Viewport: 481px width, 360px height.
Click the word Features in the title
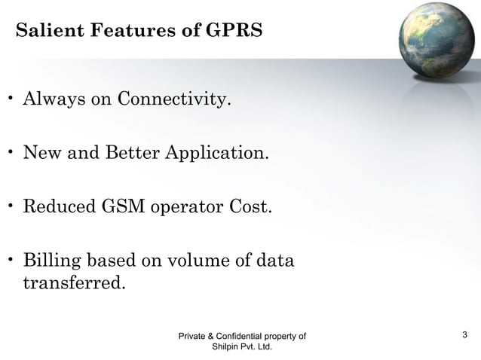tap(129, 32)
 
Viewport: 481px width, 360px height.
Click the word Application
tap(216, 154)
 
